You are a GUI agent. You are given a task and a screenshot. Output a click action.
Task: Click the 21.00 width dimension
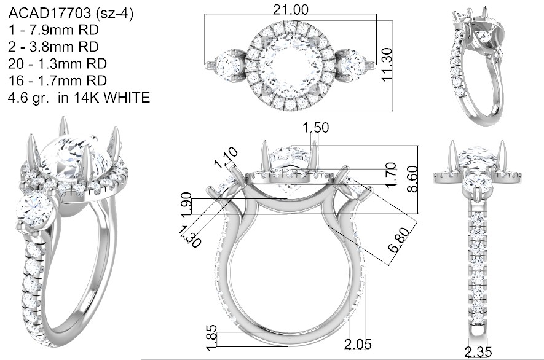[290, 9]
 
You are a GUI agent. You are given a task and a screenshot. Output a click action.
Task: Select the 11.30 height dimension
[387, 65]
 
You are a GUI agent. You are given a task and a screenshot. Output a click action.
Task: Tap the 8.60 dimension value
[413, 179]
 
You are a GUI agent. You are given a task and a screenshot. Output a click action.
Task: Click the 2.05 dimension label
[358, 344]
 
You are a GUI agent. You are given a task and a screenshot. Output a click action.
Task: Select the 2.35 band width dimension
[478, 352]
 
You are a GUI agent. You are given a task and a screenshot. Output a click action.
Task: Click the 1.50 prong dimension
[315, 128]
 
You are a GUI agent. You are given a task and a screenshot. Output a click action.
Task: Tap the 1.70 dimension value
[391, 174]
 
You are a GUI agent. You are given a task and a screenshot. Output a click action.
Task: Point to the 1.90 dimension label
[186, 204]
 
